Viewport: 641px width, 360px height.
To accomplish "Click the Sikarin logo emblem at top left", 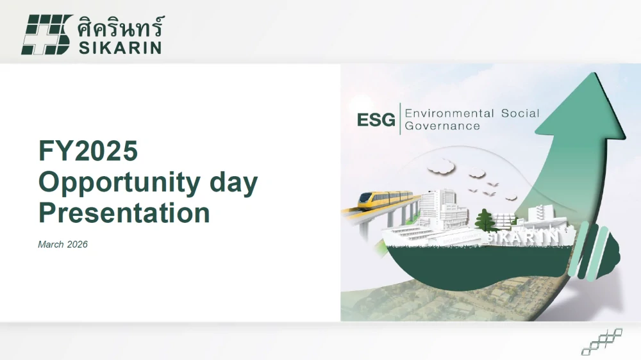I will (x=46, y=35).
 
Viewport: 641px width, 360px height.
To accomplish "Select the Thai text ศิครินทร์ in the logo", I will (x=120, y=26).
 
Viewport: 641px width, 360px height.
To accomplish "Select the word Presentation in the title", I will (x=124, y=213).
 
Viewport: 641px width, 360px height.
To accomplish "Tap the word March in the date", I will (x=51, y=245).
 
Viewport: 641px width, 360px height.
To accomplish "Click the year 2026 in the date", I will (x=77, y=245).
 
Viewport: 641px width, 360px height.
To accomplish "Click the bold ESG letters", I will (x=376, y=120).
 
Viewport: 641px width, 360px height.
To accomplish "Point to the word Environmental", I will (x=449, y=113).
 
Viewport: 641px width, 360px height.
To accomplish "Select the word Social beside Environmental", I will (x=520, y=113).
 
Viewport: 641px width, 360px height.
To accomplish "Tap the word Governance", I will (x=442, y=126).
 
